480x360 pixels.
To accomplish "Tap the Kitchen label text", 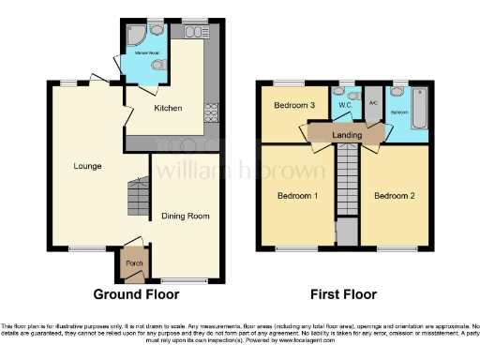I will coord(168,109).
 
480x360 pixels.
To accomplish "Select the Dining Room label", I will coord(186,216).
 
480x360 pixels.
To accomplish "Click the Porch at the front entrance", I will coord(133,263).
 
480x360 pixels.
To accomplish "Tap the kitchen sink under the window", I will coord(196,32).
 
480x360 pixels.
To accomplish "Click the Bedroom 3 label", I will coord(293,105).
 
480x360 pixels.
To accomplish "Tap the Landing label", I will coord(346,135).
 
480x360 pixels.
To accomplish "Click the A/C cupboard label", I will coord(373,104).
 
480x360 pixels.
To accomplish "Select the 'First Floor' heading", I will coord(342,294).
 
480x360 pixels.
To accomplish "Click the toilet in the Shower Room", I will coord(161,65).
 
